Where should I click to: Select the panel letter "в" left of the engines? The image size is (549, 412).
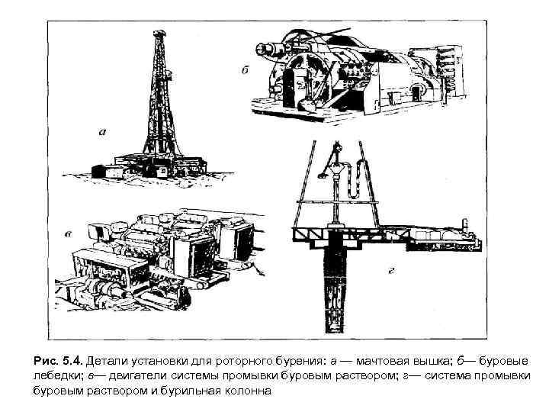[69, 233]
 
